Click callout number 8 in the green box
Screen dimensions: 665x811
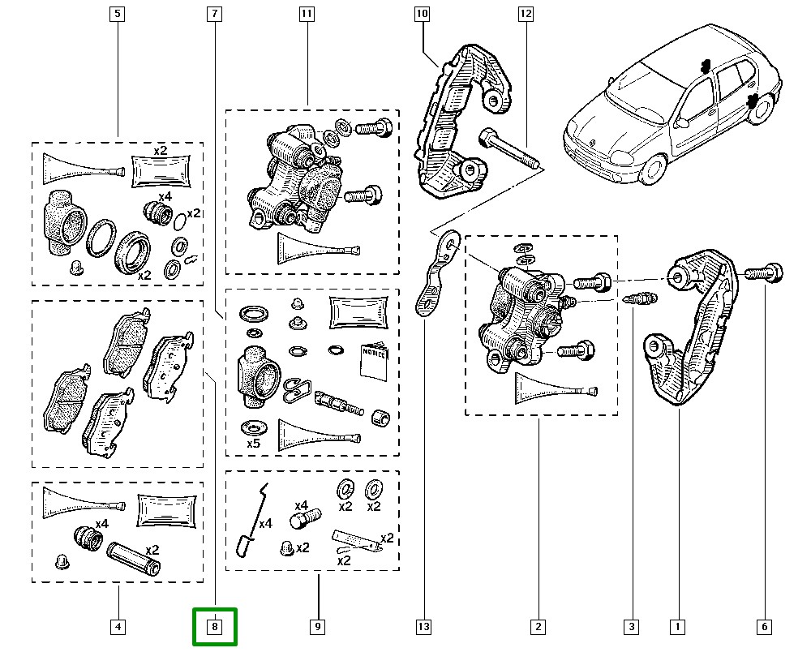[214, 627]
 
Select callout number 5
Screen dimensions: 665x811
[118, 14]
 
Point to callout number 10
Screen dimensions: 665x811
[422, 14]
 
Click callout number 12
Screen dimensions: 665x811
[526, 14]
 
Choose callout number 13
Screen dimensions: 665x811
[423, 627]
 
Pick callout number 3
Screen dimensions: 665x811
[631, 627]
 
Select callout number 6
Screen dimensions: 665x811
[765, 627]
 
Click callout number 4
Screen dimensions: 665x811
[118, 627]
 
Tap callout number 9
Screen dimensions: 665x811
[317, 627]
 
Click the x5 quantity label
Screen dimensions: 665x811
[253, 444]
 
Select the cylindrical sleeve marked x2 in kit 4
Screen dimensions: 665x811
[135, 558]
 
